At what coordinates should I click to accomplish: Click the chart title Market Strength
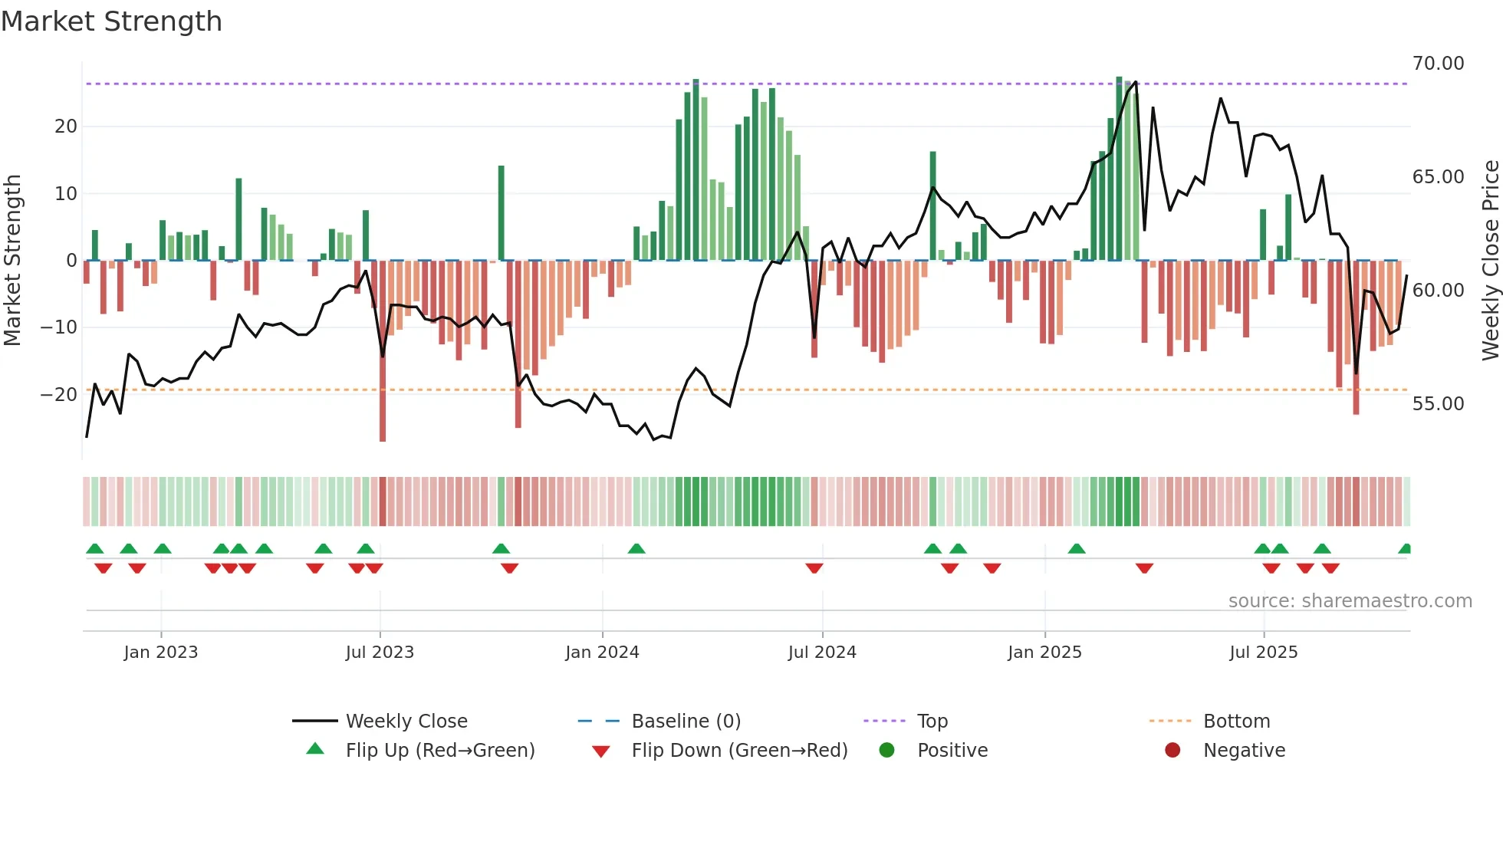(111, 21)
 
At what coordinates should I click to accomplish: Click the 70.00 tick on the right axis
(1438, 64)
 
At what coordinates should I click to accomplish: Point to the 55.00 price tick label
(1438, 404)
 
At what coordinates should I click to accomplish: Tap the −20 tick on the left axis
(59, 395)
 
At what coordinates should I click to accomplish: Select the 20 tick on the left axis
(66, 127)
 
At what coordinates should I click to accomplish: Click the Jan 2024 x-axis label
(602, 653)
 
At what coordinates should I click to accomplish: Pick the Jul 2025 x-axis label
(1263, 653)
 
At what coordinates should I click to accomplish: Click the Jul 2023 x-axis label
(380, 653)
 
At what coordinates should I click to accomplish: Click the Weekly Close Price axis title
(1490, 261)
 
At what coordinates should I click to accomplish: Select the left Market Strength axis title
(12, 261)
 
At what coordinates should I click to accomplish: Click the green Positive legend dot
(886, 751)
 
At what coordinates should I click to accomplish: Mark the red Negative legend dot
(1172, 751)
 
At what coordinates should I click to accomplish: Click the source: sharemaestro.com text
(1350, 601)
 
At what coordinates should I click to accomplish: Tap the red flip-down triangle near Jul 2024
(814, 568)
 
